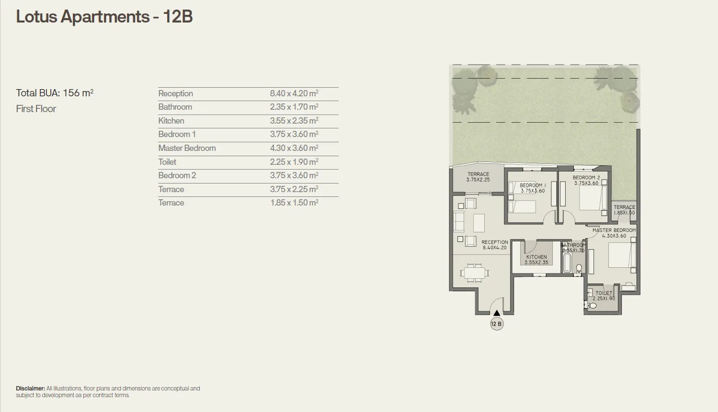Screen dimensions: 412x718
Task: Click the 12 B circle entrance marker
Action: point(497,324)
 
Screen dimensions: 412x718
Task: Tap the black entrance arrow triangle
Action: point(497,313)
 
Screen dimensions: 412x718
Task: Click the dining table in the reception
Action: point(475,273)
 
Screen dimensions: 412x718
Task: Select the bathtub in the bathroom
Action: point(567,263)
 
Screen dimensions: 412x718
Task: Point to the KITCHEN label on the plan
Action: point(536,257)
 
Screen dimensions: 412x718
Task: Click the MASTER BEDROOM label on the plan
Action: point(614,230)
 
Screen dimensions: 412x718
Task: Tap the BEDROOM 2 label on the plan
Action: point(586,178)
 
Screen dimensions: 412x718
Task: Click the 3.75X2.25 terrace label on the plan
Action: point(478,180)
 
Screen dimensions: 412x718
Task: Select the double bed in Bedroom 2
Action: point(592,197)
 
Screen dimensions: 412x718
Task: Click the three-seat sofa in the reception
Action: point(458,222)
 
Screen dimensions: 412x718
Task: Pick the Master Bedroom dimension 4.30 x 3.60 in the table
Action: point(294,149)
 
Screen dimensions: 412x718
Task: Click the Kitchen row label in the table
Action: point(171,121)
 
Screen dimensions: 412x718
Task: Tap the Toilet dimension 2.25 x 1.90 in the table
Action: point(294,162)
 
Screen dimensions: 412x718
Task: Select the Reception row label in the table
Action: point(175,93)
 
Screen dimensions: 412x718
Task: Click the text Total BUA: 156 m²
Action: point(55,93)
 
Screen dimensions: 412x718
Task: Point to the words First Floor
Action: point(36,109)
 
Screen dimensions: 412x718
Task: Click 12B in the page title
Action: point(178,17)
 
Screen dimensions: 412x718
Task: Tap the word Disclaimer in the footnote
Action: point(30,389)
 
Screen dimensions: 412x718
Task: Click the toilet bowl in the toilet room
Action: point(592,305)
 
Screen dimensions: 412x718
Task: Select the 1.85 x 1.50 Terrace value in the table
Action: point(294,203)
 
